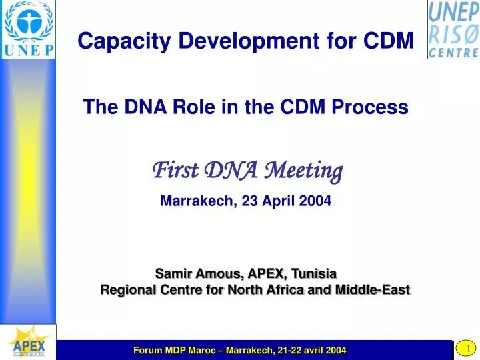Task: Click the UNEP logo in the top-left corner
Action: (x=28, y=29)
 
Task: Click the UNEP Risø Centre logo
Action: (x=453, y=29)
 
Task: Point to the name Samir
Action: (x=174, y=273)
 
